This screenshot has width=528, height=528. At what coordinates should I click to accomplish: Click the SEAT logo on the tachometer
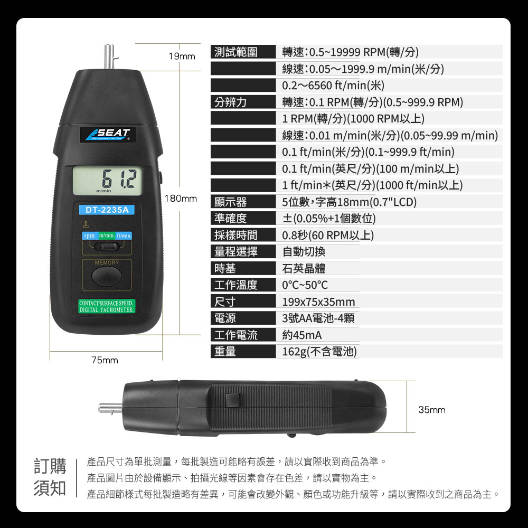tap(107, 134)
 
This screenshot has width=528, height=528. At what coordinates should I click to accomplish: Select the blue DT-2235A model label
tap(107, 210)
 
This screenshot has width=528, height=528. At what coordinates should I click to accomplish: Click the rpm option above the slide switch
tap(90, 235)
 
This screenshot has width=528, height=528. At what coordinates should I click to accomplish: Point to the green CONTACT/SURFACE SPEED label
tap(107, 306)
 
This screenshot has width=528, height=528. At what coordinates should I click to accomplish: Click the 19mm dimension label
tap(182, 56)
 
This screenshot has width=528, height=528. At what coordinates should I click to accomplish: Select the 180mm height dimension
tap(181, 199)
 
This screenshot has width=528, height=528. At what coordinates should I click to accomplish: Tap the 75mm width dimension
tap(105, 360)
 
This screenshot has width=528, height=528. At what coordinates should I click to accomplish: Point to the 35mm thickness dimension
tap(432, 410)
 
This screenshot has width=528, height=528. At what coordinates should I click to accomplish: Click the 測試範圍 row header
tap(236, 52)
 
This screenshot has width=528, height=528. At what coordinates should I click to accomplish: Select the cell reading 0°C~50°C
tap(305, 285)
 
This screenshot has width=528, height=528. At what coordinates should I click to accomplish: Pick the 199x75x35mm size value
tap(318, 301)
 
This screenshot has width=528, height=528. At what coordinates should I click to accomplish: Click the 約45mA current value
tap(301, 335)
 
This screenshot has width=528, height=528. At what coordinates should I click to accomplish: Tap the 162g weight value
tap(319, 352)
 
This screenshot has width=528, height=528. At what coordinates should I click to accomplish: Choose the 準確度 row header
tap(231, 219)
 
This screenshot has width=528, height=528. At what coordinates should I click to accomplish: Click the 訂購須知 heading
tap(50, 477)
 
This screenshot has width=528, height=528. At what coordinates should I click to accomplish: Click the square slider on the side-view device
tap(233, 400)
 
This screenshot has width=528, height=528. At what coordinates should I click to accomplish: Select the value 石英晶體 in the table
tap(304, 268)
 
